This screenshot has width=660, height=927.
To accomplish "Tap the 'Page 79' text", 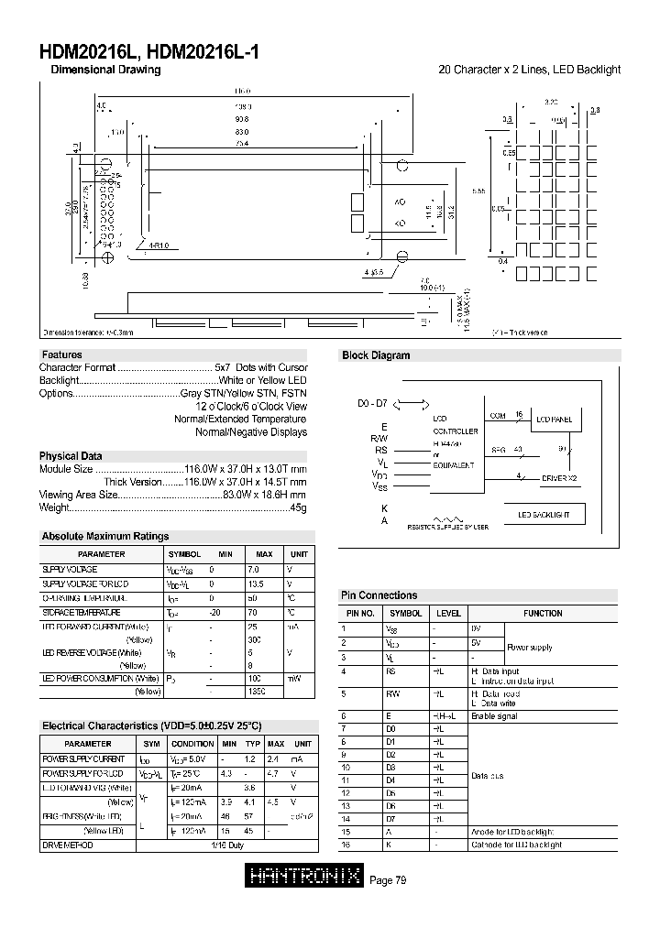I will coord(388,880).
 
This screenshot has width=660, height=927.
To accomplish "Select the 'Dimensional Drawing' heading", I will coord(105,70).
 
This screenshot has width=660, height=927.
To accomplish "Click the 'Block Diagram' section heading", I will coord(376,355).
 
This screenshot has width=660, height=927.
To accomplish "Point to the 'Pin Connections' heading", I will coord(379,595).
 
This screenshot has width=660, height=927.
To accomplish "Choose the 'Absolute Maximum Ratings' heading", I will coord(105,537).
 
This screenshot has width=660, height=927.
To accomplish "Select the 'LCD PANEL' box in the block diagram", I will coord(554,419).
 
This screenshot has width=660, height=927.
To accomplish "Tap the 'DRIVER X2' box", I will coord(559,478).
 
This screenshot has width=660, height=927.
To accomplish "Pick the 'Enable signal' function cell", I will coord(495,716).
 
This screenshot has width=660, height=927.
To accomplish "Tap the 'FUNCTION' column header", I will coord(543,613).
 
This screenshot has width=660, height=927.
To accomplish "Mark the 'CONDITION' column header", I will coord(192,744).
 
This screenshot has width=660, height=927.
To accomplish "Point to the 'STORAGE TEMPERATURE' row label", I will coord(82,612).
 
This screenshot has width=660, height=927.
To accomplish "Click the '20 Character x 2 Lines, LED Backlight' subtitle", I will coord(529,70).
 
